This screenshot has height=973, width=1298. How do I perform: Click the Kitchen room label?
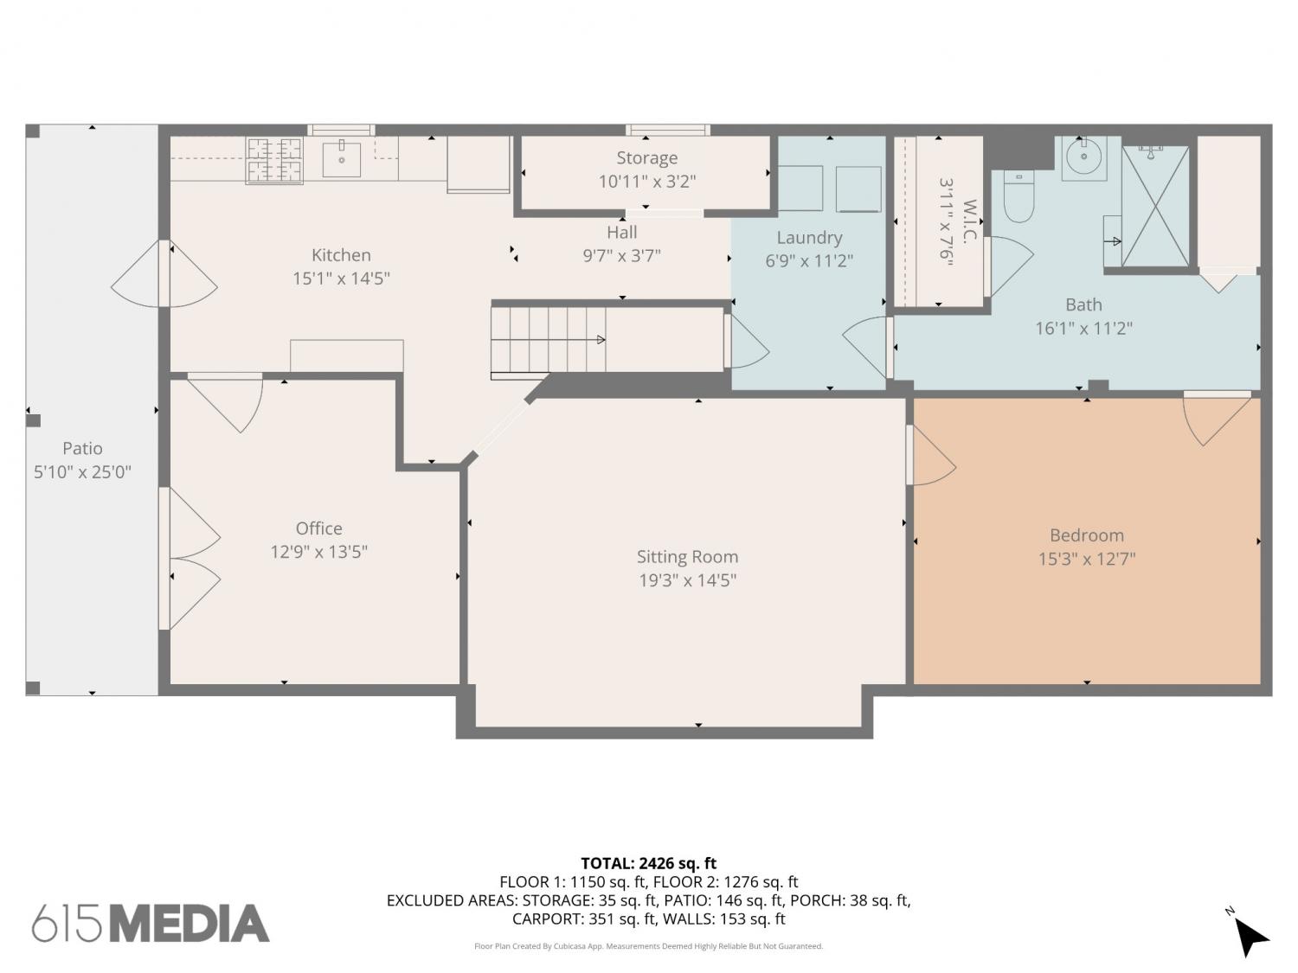pos(341,255)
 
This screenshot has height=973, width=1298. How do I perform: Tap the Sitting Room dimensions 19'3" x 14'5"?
pos(687,580)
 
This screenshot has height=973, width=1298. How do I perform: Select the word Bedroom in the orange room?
pos(1087,535)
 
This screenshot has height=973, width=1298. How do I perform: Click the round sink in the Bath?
pos(1084,156)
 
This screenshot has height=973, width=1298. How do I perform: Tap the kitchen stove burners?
pos(274,161)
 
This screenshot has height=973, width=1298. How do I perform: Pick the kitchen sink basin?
pos(341,159)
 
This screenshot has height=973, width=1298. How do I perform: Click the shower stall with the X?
pos(1155,207)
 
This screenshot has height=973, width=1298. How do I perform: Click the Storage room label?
pos(647,157)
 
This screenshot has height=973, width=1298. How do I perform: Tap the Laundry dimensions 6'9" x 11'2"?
pos(809,260)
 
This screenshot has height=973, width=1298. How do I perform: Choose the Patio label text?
pos(82,448)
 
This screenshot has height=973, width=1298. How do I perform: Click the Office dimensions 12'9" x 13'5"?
pos(318,552)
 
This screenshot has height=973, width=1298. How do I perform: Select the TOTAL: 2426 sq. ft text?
pos(649,864)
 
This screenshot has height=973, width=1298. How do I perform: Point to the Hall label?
pos(621,232)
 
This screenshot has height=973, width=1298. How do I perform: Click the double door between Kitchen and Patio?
pos(164,273)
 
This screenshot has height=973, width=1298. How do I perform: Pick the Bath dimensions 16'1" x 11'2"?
pos(1083,328)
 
